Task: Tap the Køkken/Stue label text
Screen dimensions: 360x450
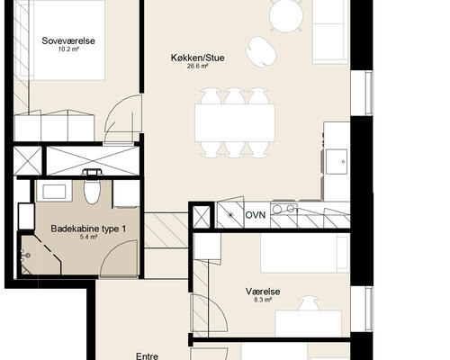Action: point(196,57)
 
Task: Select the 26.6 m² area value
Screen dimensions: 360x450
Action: point(197,67)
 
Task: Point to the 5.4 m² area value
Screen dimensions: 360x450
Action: point(88,238)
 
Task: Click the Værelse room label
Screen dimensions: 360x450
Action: point(262,292)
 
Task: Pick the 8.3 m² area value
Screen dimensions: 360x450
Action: point(262,301)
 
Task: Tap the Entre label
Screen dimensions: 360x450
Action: point(147,355)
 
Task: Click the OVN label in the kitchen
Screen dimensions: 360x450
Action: point(256,214)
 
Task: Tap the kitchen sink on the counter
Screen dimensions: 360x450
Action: point(338,162)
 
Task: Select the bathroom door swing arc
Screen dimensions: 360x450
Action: point(117,261)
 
